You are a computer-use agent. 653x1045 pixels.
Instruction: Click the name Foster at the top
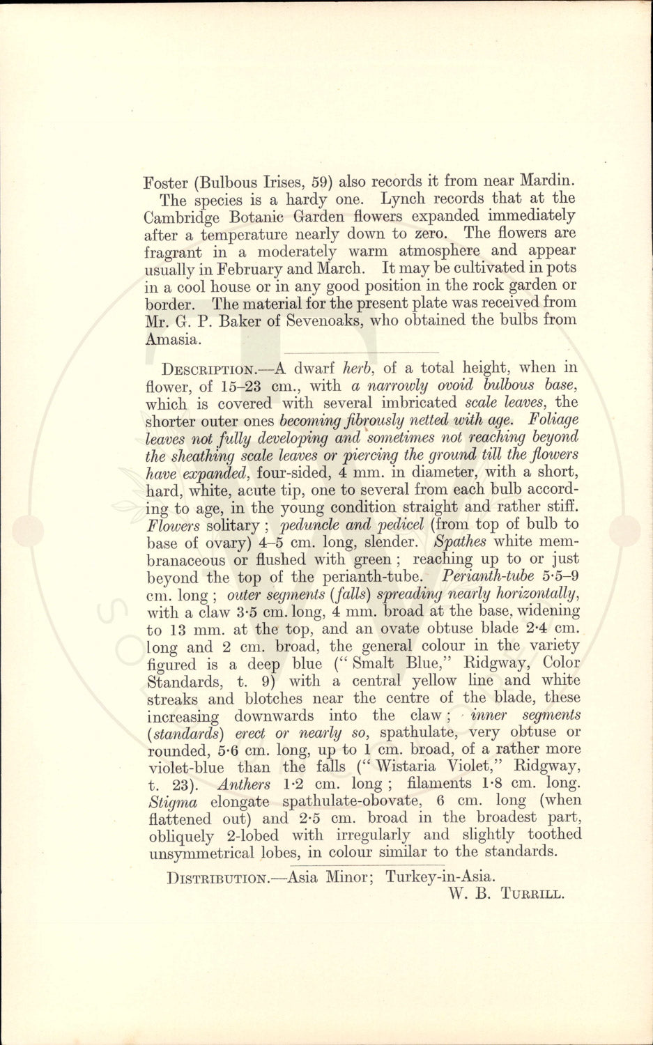tap(166, 183)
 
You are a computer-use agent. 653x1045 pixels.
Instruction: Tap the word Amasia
tap(173, 339)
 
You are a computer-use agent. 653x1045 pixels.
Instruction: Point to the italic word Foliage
tap(554, 420)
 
